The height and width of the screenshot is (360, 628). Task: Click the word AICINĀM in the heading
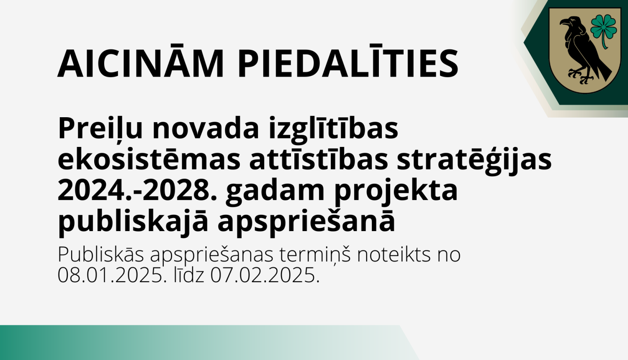pyautogui.click(x=141, y=64)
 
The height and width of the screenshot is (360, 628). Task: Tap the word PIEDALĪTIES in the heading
pyautogui.click(x=348, y=64)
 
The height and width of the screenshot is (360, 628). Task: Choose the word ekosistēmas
pyautogui.click(x=149, y=160)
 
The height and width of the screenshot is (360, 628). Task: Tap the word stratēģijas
pyautogui.click(x=474, y=160)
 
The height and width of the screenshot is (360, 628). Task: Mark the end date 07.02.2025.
pyautogui.click(x=265, y=275)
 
